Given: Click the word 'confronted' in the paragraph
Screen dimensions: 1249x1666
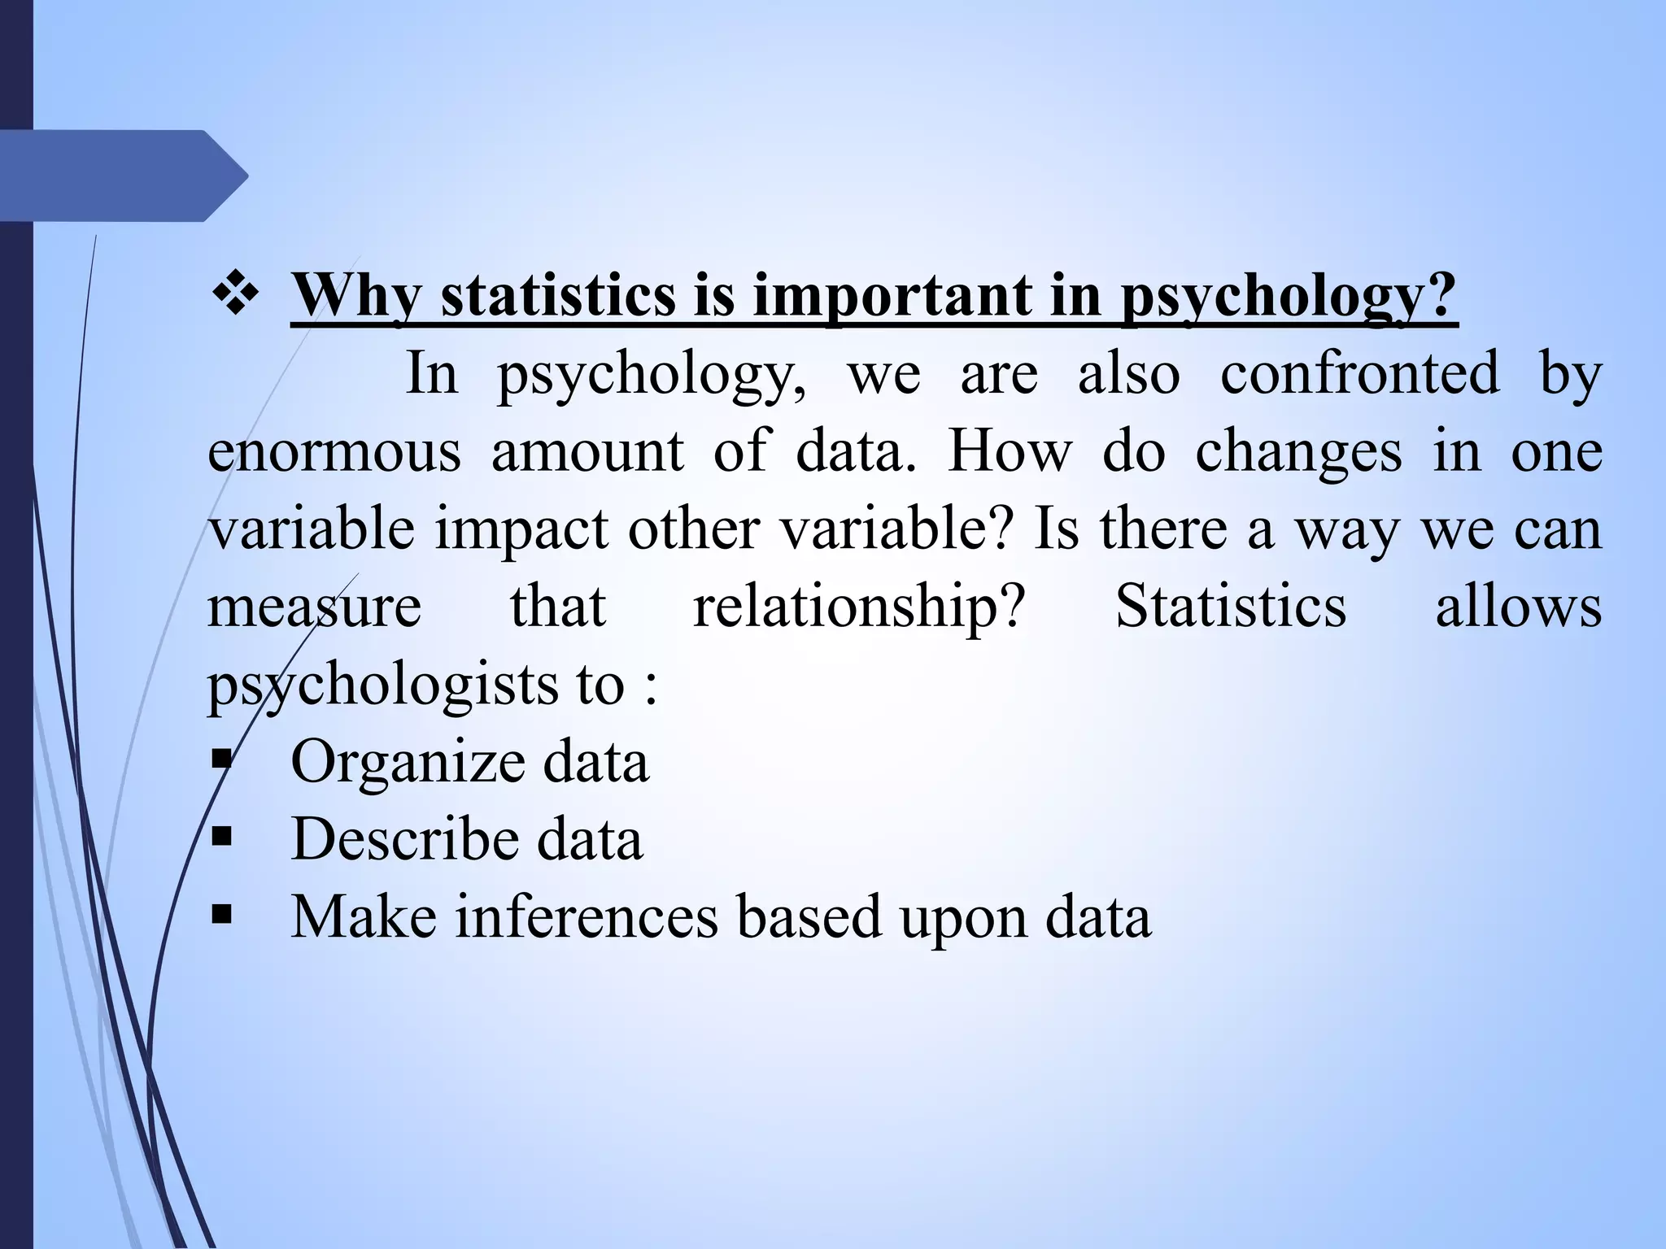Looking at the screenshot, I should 1359,374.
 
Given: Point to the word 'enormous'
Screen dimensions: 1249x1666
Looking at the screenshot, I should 334,451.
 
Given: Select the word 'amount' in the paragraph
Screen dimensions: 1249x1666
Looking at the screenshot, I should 587,451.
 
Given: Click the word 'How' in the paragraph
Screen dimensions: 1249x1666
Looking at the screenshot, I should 1010,451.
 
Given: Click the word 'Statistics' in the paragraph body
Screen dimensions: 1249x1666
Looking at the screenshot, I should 1231,607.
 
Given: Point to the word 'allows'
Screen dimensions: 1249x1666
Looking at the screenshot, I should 1518,607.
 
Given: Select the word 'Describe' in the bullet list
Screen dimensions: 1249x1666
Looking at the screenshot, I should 402,839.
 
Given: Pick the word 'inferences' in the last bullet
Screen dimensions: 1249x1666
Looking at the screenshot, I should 586,917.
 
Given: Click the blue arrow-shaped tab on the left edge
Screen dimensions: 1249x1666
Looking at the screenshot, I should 122,176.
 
